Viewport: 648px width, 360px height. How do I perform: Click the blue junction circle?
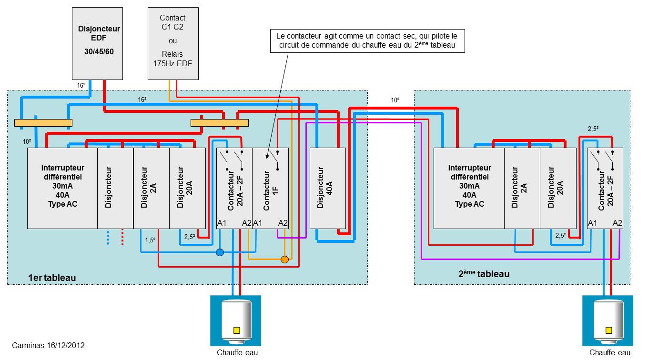point(220,252)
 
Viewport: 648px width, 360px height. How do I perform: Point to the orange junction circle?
point(284,260)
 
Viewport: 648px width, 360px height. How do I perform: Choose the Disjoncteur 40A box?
point(328,188)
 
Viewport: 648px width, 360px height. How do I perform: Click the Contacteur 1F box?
point(270,188)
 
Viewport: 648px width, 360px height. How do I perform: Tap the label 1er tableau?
point(52,278)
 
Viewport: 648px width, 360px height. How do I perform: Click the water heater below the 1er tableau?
point(236,320)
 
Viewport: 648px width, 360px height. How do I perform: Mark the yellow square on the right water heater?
point(608,330)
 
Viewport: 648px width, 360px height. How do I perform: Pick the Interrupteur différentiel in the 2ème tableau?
point(469,188)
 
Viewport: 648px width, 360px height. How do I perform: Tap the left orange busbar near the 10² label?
point(43,123)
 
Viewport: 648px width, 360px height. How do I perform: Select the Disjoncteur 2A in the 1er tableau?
point(152,188)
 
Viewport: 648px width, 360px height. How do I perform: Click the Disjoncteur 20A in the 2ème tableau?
point(558,188)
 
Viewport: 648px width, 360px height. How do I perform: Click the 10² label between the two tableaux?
point(395,100)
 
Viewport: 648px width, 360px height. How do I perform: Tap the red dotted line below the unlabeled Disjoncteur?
point(122,237)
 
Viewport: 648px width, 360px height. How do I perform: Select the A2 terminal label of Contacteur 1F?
point(283,223)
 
